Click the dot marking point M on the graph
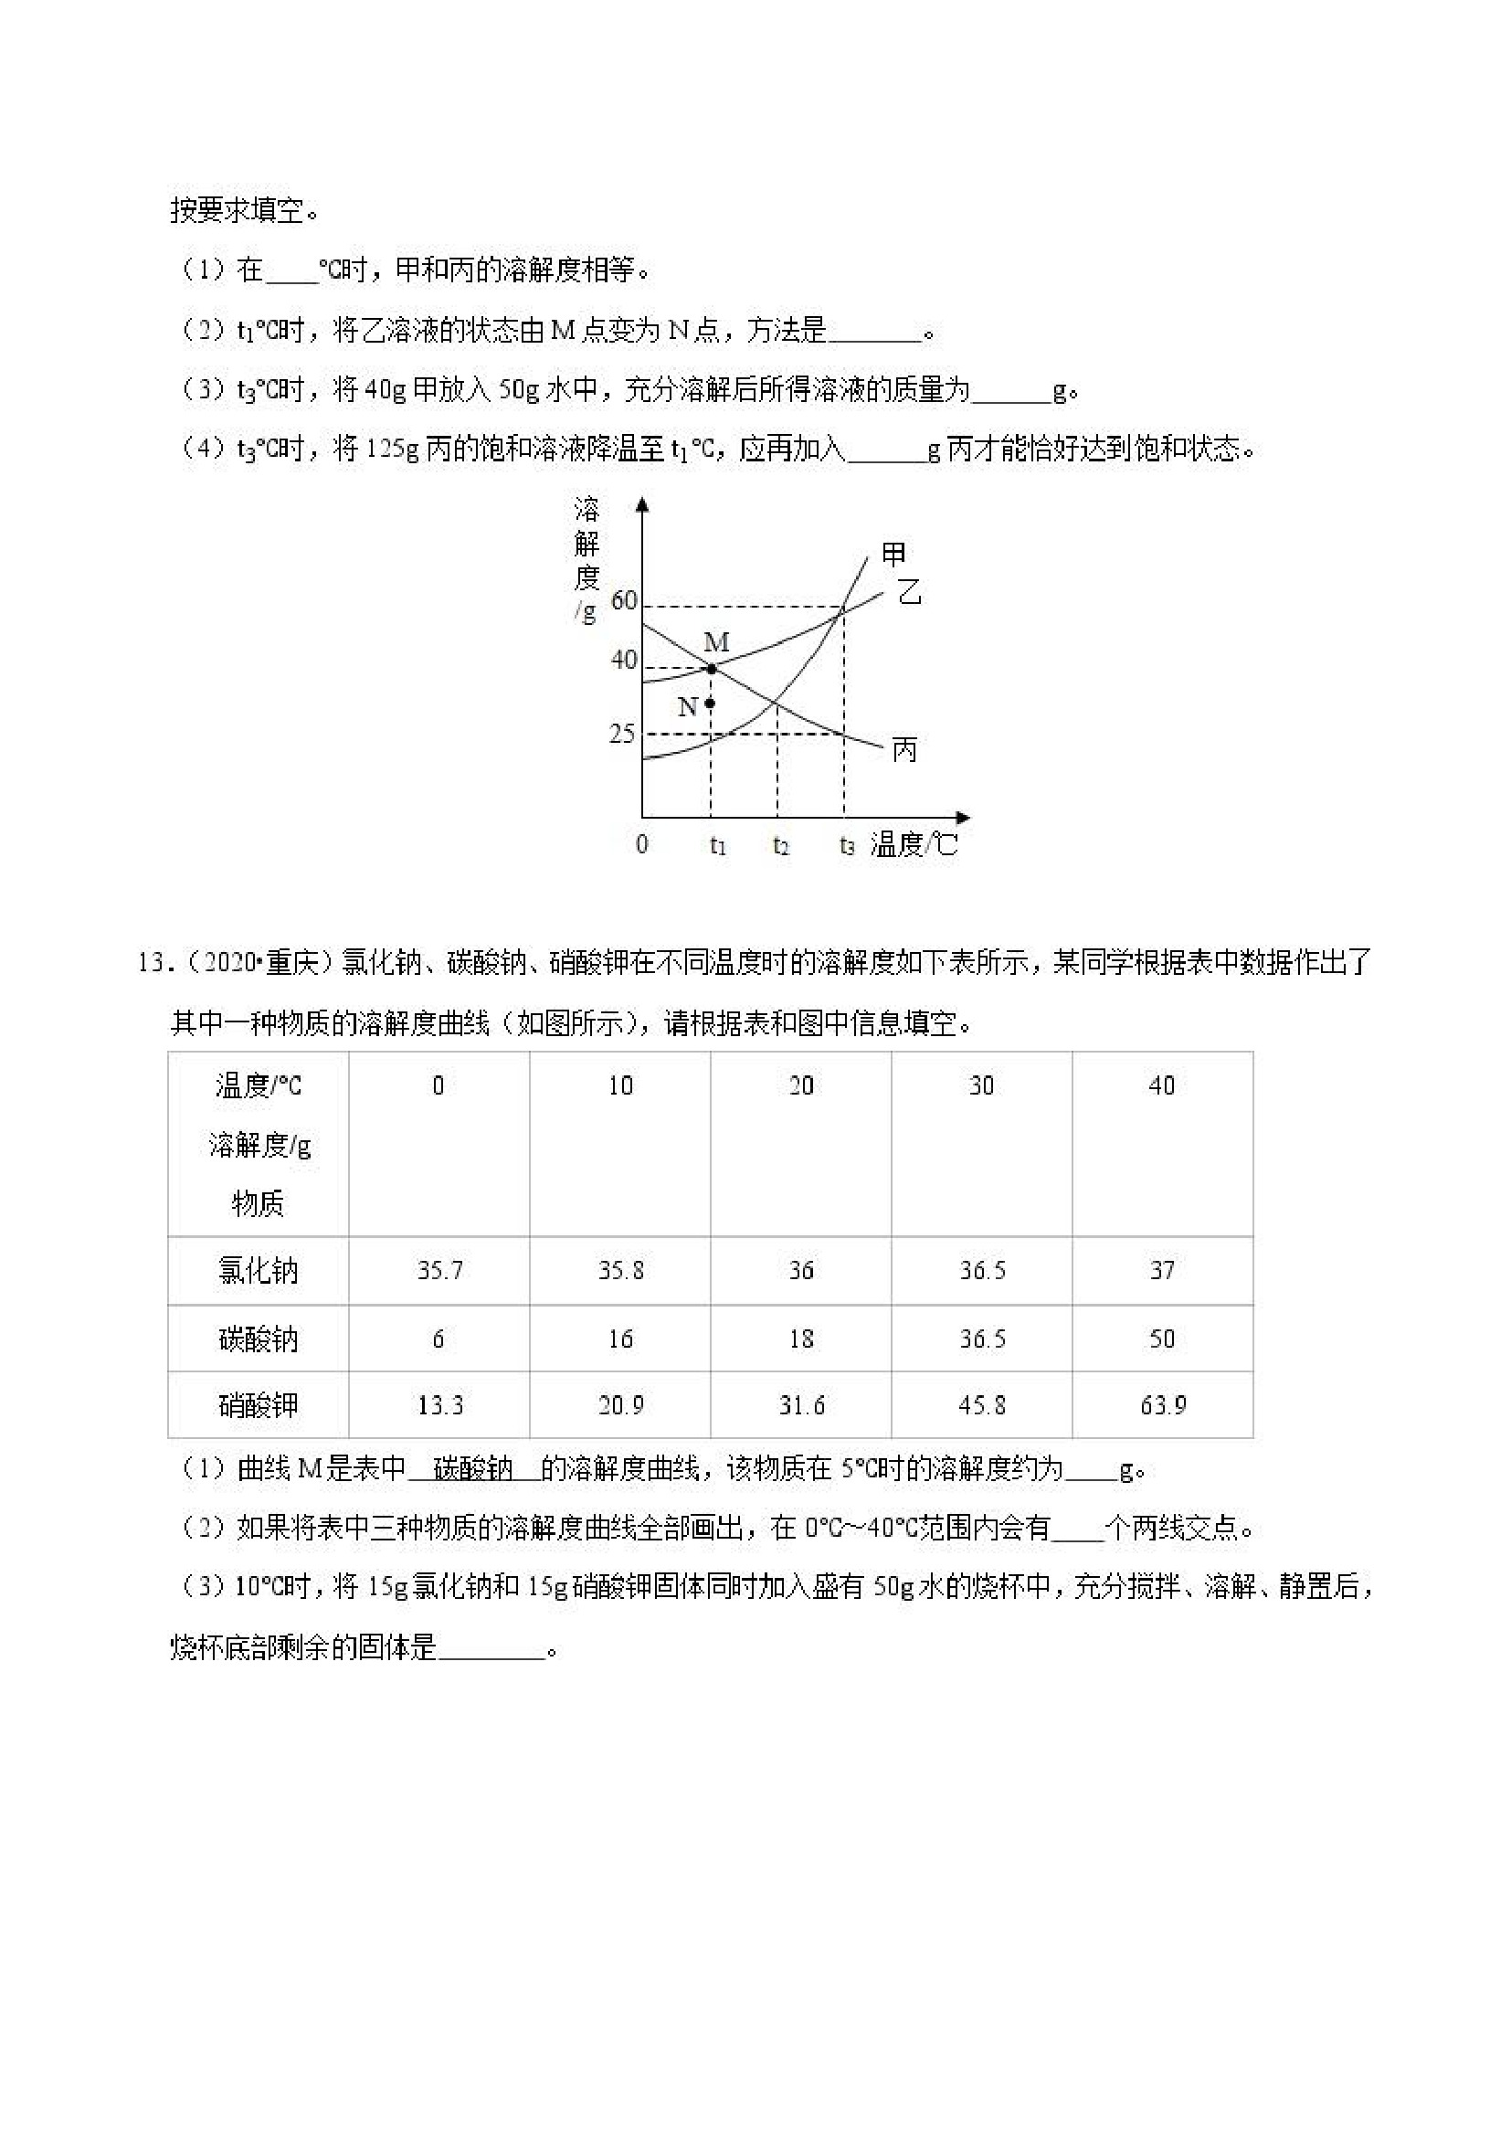[x=712, y=668]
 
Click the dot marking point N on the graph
[x=710, y=704]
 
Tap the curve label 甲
[x=893, y=555]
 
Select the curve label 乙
[x=910, y=591]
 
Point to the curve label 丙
[x=905, y=749]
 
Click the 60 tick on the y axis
[x=624, y=600]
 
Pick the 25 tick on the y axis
[x=623, y=734]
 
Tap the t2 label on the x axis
[x=781, y=845]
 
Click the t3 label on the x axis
[x=846, y=845]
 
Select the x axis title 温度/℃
[x=914, y=844]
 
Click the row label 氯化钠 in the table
[x=258, y=1270]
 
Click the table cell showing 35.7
[x=439, y=1270]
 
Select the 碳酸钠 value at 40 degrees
[x=1162, y=1339]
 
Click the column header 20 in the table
[x=800, y=1085]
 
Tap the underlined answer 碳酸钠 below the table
[x=474, y=1469]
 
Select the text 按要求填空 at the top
[x=238, y=210]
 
